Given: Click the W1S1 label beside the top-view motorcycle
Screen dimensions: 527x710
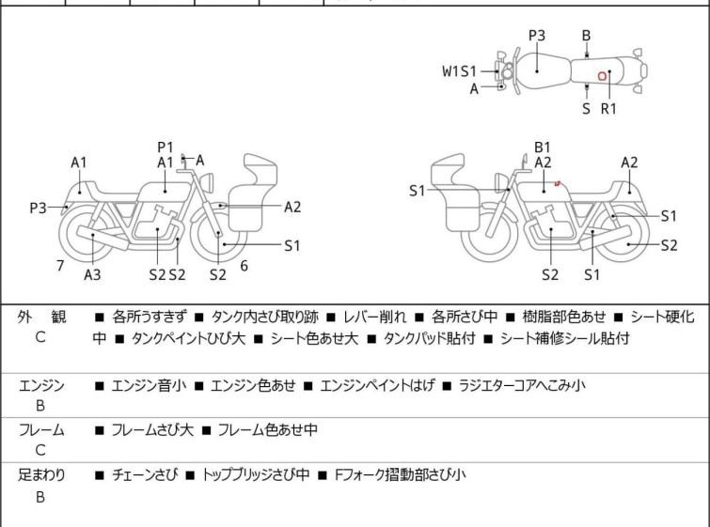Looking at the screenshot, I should (x=461, y=70).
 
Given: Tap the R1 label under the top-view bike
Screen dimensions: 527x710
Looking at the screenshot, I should (x=608, y=108).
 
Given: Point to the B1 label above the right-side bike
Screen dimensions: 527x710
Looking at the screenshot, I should (x=543, y=147).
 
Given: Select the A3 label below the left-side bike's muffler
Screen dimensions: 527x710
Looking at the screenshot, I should (x=92, y=274).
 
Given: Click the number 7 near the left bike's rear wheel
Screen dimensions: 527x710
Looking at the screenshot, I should (x=60, y=266).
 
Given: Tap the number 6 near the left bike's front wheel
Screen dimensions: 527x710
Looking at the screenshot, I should (x=244, y=266).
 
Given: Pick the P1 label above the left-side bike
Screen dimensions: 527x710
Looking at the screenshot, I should (x=166, y=147).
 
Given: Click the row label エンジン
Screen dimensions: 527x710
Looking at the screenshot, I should (x=41, y=385).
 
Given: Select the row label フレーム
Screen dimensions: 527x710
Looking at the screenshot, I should (x=41, y=430).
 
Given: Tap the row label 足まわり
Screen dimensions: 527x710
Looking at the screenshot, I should (x=41, y=475).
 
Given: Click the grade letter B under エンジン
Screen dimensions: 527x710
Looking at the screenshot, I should (x=40, y=406).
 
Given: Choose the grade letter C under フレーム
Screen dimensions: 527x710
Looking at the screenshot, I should (x=40, y=451).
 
